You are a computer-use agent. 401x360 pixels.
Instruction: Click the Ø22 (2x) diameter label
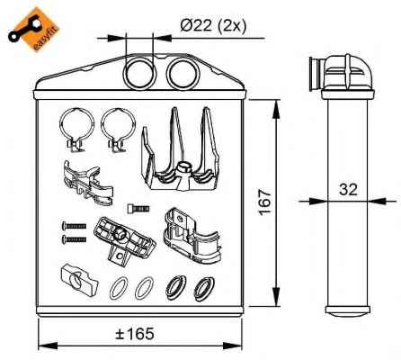point(213,26)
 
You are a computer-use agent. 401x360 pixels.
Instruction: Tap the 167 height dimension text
point(265,202)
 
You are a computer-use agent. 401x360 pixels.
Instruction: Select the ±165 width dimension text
point(135,333)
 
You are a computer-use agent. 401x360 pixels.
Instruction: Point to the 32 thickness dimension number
point(348,189)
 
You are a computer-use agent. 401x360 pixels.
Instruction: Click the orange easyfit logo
point(33,30)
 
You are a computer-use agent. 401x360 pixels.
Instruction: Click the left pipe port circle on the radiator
point(140,73)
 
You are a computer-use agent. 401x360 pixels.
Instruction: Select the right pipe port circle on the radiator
point(183,73)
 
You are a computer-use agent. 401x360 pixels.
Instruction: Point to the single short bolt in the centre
point(138,208)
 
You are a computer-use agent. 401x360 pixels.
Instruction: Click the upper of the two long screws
point(74,226)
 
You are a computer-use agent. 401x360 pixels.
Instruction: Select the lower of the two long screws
point(74,239)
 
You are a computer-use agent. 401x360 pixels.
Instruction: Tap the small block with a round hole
point(79,279)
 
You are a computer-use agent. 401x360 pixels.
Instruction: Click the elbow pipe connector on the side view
point(341,73)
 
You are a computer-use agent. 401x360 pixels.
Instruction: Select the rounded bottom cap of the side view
point(348,311)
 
